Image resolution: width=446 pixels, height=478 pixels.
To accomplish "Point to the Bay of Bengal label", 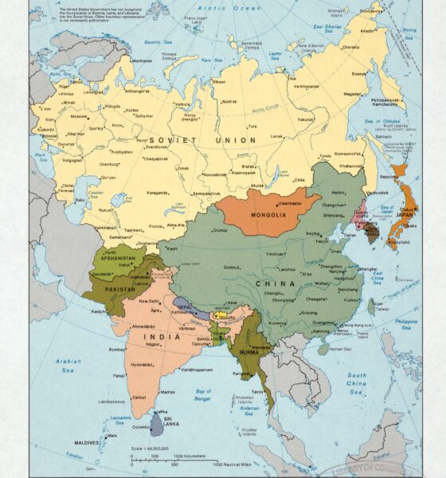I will [x=205, y=394].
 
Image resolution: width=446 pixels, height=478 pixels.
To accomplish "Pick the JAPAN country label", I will [x=405, y=214].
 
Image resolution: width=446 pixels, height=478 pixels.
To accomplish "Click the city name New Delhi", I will [x=150, y=301].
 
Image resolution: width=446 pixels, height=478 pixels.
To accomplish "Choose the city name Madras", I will [x=166, y=391].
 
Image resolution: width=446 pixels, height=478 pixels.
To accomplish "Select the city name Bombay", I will [x=117, y=348].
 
